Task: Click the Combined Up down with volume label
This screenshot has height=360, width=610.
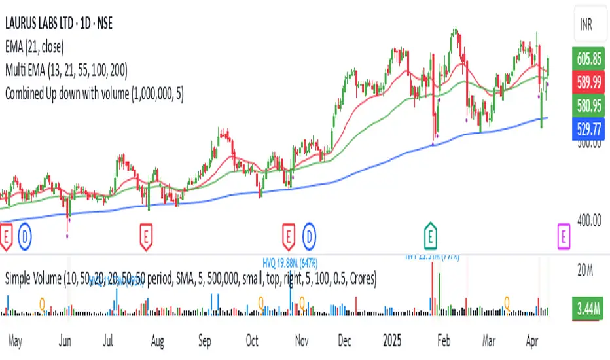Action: (x=94, y=93)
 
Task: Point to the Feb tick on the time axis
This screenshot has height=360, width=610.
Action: (x=444, y=341)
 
